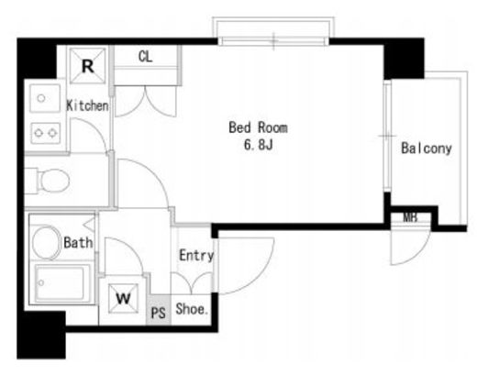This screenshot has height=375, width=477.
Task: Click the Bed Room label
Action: coord(258,127)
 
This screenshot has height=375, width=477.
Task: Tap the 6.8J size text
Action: coord(258,144)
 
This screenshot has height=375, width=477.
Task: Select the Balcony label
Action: coord(427,149)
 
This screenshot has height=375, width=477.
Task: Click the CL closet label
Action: coord(145,57)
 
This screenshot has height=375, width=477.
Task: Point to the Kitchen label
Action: coord(87,105)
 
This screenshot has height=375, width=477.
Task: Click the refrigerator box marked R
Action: coord(88,65)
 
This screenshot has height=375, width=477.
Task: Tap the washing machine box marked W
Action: coord(123,298)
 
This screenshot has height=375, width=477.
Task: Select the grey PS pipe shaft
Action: coord(159,310)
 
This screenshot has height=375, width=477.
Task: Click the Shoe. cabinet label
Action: coord(192,309)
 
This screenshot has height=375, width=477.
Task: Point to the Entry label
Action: coord(196,255)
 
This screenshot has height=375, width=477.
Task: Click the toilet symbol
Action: coord(48,181)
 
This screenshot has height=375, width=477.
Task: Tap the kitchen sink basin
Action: coord(45,98)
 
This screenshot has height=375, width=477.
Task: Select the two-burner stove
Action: coord(46,133)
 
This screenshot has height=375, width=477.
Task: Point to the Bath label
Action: coord(78,243)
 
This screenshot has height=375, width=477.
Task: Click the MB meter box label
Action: coord(410,217)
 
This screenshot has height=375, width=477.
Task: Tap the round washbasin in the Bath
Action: coord(46,243)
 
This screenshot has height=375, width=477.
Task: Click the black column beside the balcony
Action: coord(404,59)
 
